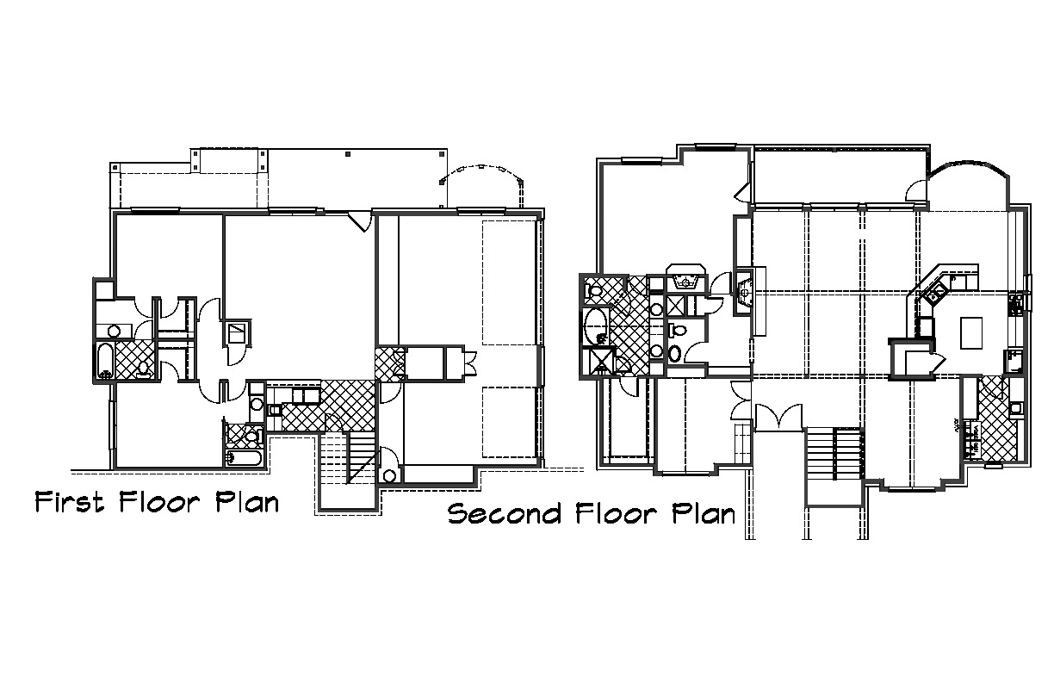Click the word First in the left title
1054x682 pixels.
(70, 502)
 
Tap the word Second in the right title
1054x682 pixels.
(505, 513)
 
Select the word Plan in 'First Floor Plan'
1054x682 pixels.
(247, 502)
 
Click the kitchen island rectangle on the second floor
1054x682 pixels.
(971, 332)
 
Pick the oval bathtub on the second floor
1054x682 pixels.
(595, 326)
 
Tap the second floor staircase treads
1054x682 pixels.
(834, 454)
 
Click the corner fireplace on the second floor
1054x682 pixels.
(745, 292)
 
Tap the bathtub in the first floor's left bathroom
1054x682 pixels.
(105, 361)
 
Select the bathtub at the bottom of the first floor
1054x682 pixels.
(244, 458)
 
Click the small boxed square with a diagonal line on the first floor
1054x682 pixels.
(238, 332)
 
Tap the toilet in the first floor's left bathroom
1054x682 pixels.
(143, 369)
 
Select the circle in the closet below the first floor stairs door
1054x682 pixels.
(389, 475)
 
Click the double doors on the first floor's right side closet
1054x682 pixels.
(470, 363)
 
